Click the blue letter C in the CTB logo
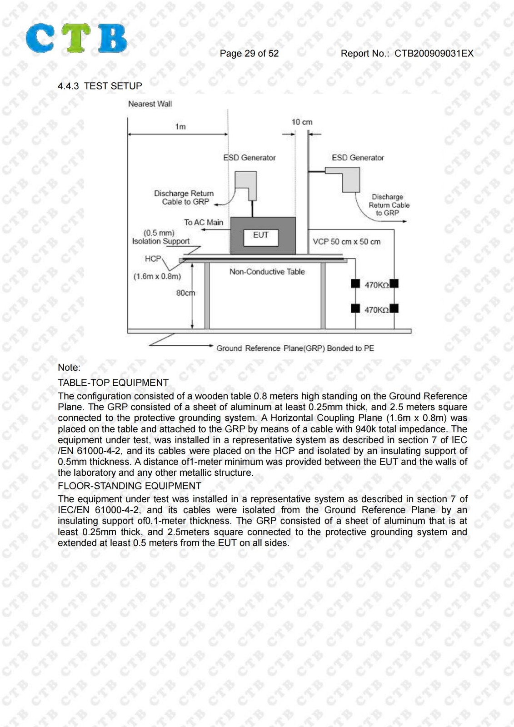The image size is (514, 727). click(40, 38)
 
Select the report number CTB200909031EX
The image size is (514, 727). click(434, 54)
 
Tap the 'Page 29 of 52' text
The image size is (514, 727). click(249, 54)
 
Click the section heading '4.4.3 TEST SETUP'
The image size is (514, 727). click(100, 86)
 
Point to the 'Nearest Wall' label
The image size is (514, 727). click(150, 104)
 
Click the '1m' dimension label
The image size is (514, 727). click(180, 127)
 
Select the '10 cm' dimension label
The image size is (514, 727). click(302, 122)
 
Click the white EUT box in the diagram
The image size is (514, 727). click(261, 238)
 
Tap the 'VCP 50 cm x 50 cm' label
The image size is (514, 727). click(346, 241)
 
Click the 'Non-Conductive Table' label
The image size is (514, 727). click(267, 272)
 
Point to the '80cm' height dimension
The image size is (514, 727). click(185, 293)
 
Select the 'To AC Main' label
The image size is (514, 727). click(204, 222)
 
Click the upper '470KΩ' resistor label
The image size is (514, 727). click(377, 285)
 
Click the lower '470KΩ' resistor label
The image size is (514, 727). click(377, 310)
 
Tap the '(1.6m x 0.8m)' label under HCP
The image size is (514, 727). click(157, 276)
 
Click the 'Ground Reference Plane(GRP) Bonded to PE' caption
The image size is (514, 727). click(295, 348)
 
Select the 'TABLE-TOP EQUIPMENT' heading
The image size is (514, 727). click(113, 383)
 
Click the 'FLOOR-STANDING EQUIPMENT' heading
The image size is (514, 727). click(130, 486)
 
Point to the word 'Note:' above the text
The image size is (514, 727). click(69, 368)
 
